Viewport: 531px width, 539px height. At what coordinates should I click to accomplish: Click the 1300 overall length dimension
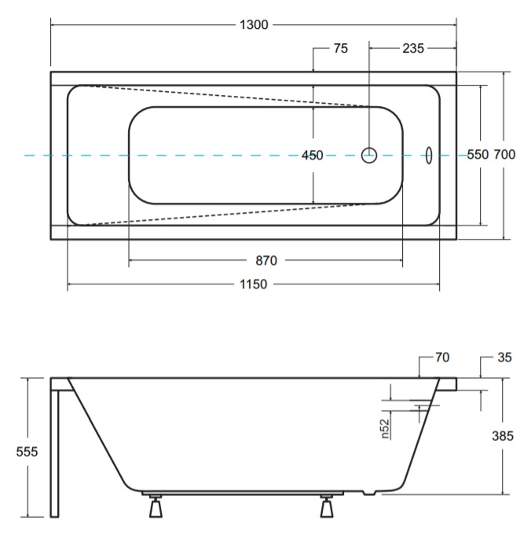point(254,25)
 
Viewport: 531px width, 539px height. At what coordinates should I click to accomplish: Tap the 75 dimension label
point(341,49)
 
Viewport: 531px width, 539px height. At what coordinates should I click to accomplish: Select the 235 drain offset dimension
point(413,49)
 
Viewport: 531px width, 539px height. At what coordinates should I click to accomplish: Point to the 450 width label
point(312,156)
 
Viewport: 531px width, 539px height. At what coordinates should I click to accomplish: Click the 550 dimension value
point(478,155)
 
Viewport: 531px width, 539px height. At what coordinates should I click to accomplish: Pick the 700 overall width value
point(504,155)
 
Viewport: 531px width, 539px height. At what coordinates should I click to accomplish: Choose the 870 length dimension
point(266,261)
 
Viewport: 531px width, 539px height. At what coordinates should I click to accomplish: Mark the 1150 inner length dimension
point(253,284)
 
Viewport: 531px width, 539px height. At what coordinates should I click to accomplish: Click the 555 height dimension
point(27,452)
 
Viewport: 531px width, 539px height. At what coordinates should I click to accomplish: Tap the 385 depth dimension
point(503,436)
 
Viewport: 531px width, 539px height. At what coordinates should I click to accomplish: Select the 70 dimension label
point(442,357)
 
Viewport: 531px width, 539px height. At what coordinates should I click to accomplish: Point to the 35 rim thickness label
point(504,357)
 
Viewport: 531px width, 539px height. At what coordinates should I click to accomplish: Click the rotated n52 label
point(385,429)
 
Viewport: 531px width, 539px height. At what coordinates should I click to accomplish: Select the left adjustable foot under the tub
point(156,507)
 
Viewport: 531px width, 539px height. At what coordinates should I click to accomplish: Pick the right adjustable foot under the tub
point(327,507)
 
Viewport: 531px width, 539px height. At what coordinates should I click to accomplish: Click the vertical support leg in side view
point(55,454)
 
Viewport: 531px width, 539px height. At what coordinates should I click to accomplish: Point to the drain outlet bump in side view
point(369,493)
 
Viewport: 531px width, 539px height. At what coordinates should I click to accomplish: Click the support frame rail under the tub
point(243,493)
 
